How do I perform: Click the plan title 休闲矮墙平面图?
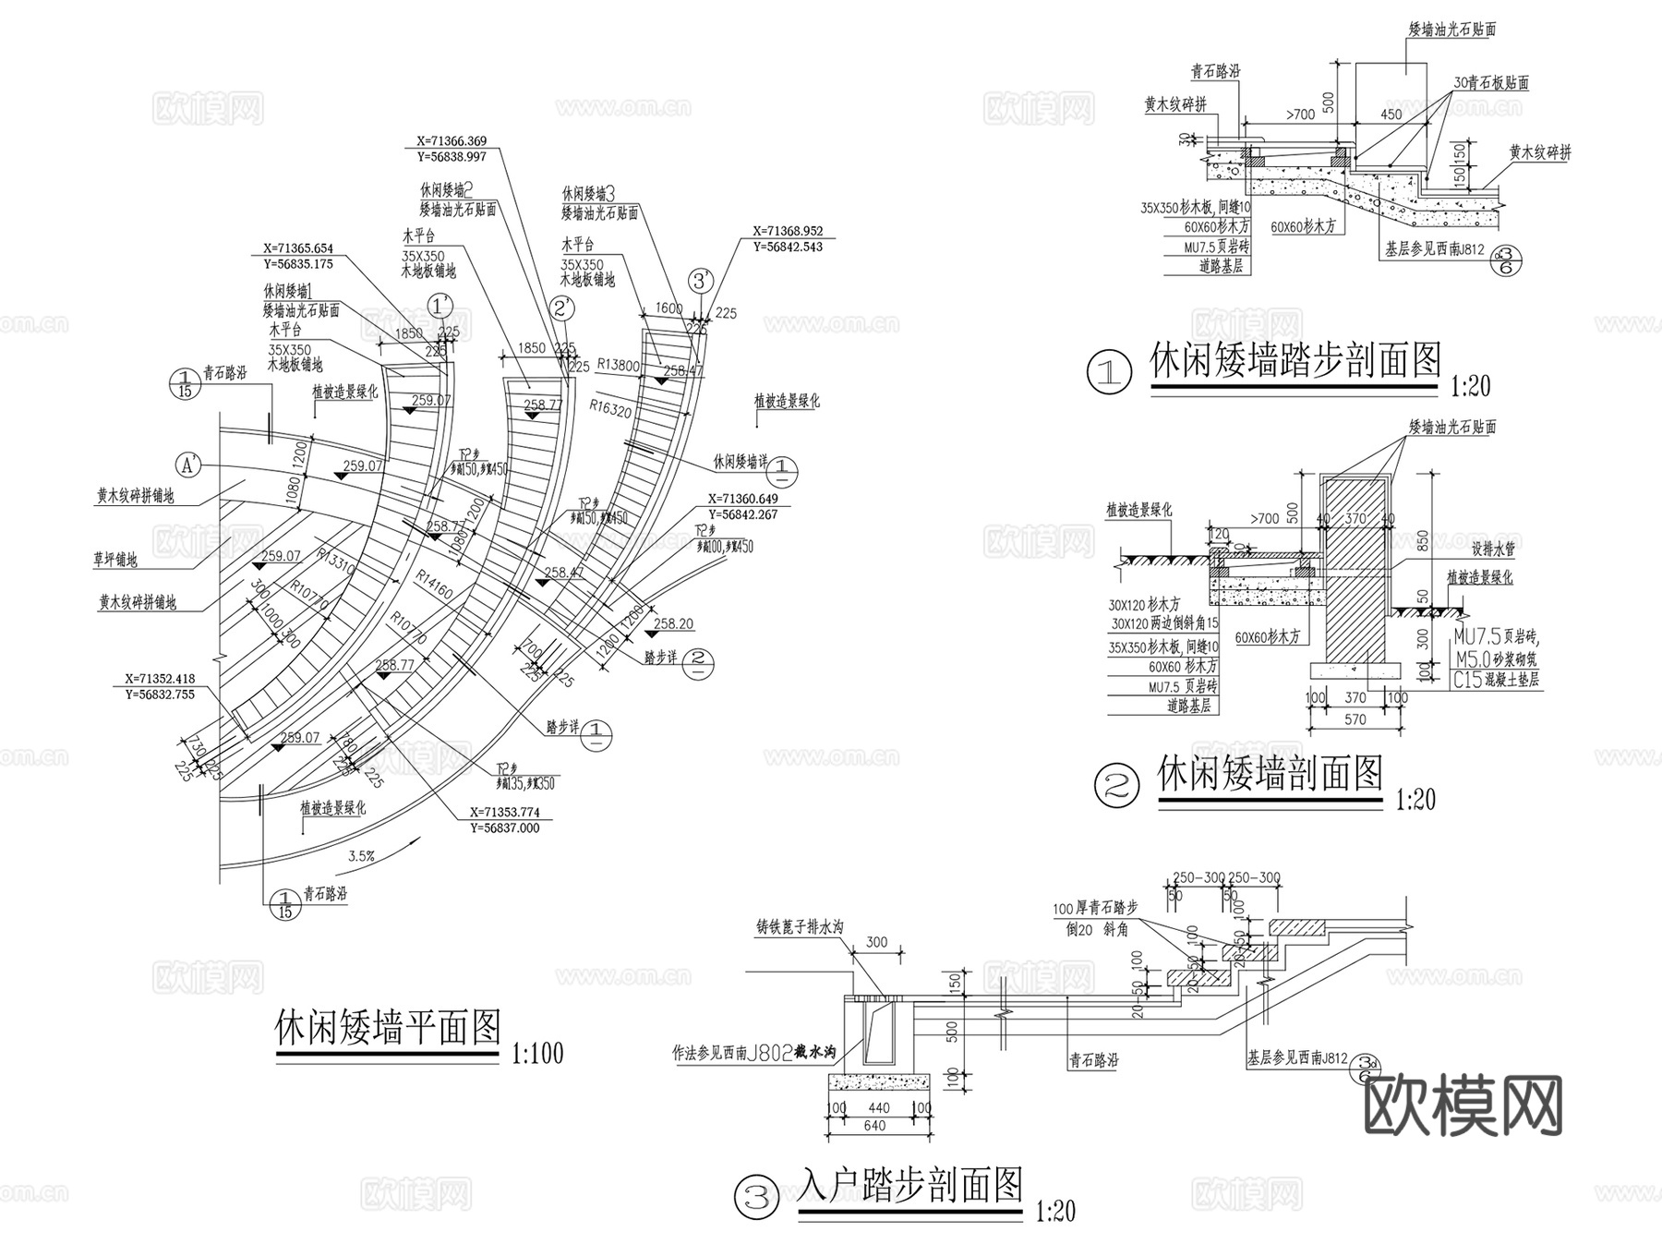pyautogui.click(x=389, y=1028)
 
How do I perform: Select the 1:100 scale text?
pyautogui.click(x=536, y=1053)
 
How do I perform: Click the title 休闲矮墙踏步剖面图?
pyautogui.click(x=1295, y=360)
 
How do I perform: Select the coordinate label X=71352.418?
pyautogui.click(x=160, y=679)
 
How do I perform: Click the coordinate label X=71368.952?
pyautogui.click(x=788, y=231)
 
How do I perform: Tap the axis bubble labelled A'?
pyautogui.click(x=189, y=465)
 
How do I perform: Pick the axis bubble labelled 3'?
pyautogui.click(x=703, y=280)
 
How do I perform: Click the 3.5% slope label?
pyautogui.click(x=361, y=856)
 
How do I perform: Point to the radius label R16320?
pyautogui.click(x=611, y=409)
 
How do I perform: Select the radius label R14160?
pyautogui.click(x=434, y=584)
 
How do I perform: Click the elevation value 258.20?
pyautogui.click(x=673, y=624)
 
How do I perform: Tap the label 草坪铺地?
pyautogui.click(x=115, y=560)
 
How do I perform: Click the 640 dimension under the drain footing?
pyautogui.click(x=873, y=1126)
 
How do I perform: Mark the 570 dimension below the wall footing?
pyautogui.click(x=1355, y=719)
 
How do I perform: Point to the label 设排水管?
pyautogui.click(x=1493, y=549)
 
